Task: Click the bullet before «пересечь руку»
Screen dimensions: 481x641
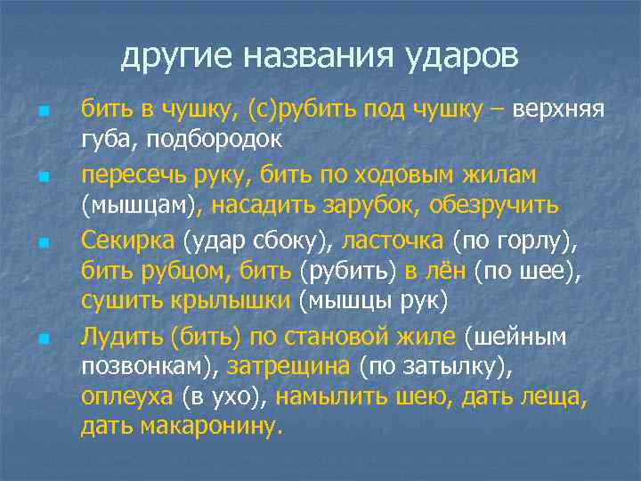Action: [x=42, y=178]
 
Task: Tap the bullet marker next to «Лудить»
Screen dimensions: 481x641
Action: [x=42, y=339]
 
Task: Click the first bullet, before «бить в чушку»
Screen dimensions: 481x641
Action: [x=42, y=113]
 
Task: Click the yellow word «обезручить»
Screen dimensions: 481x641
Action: [x=494, y=205]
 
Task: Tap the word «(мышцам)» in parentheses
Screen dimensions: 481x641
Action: [x=142, y=205]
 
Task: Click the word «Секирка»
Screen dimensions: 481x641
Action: [x=129, y=238]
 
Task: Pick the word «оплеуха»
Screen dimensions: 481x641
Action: [x=127, y=398]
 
